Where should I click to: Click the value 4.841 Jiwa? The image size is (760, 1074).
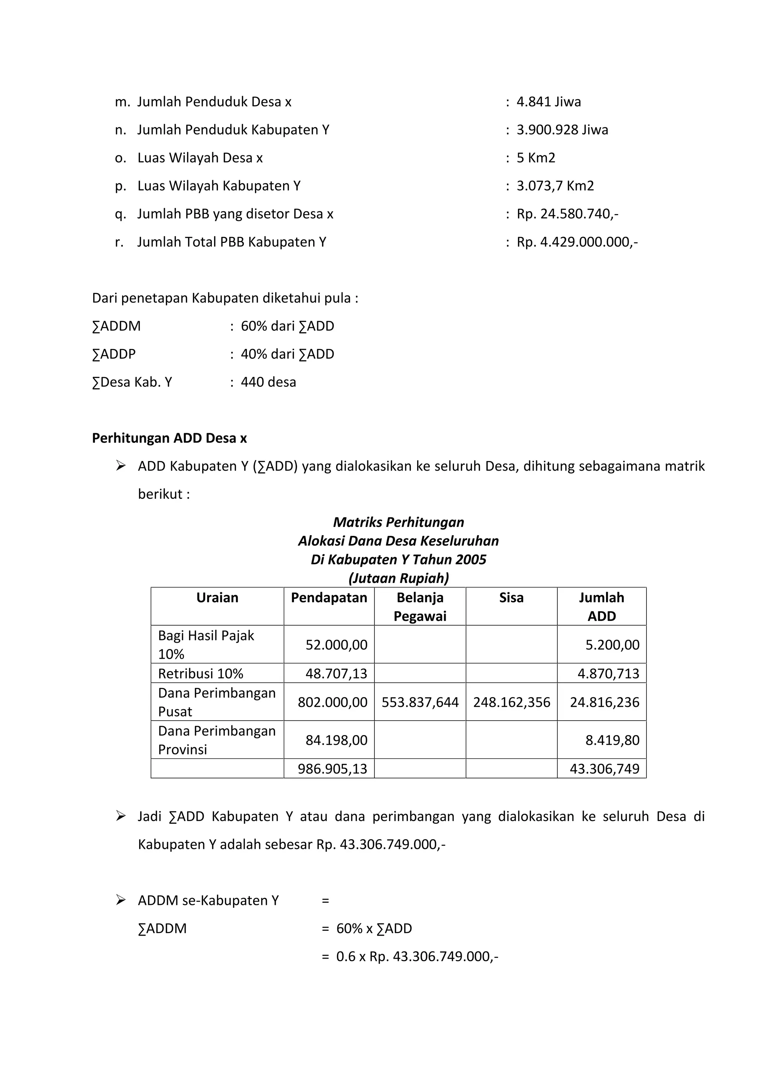[548, 102]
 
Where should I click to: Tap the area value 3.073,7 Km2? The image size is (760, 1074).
[555, 186]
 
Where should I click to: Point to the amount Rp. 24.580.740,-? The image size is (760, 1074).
[567, 214]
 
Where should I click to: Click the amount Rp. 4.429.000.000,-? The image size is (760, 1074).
[577, 242]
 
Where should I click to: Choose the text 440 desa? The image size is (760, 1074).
[268, 382]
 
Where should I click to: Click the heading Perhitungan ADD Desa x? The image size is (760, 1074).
[170, 438]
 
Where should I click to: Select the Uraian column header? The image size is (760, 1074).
[217, 597]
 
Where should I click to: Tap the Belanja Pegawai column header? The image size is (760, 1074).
[420, 606]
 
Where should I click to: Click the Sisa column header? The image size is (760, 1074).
[511, 597]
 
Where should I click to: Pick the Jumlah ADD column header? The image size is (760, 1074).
[601, 606]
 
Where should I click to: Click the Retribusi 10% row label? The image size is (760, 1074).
[201, 673]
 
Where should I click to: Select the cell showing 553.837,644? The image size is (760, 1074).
[420, 702]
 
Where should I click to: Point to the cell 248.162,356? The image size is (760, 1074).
[511, 702]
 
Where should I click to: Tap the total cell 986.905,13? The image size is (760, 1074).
[332, 768]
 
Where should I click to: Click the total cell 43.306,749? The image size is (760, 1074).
[604, 768]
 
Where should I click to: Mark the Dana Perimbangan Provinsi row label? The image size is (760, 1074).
[217, 740]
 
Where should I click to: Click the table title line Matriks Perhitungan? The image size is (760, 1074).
[398, 522]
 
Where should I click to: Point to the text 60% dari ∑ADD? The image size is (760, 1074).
[287, 326]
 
